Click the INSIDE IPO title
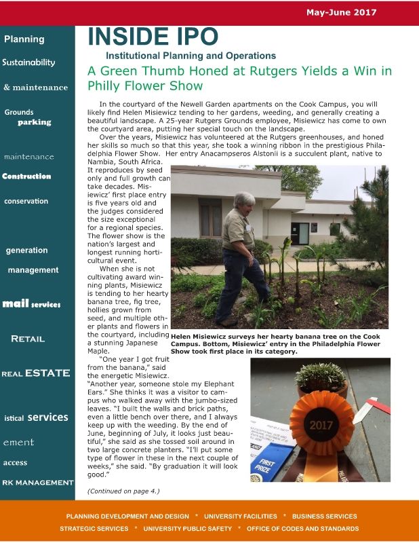pos(153,37)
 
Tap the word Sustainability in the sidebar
pos(28,62)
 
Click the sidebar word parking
pos(34,122)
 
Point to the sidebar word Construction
pos(26,176)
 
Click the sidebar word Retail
pos(28,339)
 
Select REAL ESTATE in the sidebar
pos(36,373)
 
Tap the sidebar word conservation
pos(26,201)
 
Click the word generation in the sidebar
pos(26,250)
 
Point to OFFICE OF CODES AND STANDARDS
pos(302,528)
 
